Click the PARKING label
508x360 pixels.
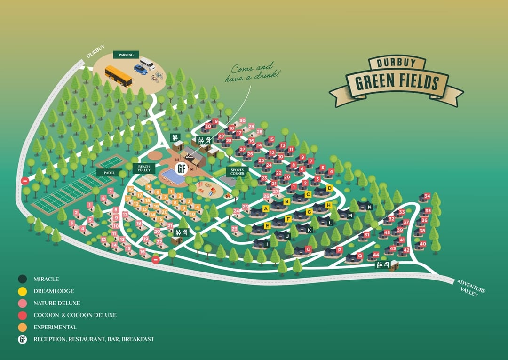click(x=126, y=55)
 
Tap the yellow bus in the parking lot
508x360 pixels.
click(x=118, y=76)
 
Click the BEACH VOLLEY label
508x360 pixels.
click(x=143, y=168)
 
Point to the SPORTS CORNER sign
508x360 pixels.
click(x=237, y=172)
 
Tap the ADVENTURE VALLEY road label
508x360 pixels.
click(x=470, y=287)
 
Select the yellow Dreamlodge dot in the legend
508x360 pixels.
click(x=22, y=291)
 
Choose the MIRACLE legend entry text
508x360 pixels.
click(x=46, y=280)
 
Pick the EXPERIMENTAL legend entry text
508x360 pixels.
click(x=55, y=327)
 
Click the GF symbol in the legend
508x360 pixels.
click(x=22, y=339)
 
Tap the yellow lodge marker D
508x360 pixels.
click(x=329, y=188)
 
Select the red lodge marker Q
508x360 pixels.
click(x=360, y=256)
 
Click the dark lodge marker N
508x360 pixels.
click(x=369, y=207)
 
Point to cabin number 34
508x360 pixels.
click(x=427, y=196)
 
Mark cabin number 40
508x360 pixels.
click(x=422, y=244)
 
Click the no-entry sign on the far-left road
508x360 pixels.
click(x=24, y=181)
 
